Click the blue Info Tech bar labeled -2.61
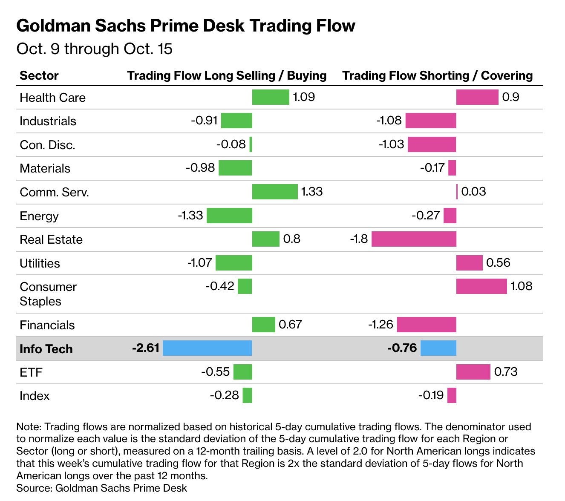[x=207, y=348]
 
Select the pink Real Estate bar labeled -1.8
[x=414, y=239]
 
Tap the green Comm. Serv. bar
[x=275, y=192]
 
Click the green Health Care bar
[x=271, y=97]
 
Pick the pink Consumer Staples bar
[x=481, y=286]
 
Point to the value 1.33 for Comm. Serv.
[x=312, y=192]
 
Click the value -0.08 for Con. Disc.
[x=231, y=144]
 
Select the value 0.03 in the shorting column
[x=473, y=192]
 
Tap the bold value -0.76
[x=402, y=348]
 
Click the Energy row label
[x=39, y=216]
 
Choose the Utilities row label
[x=40, y=263]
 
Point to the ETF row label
[x=31, y=372]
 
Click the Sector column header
[x=39, y=75]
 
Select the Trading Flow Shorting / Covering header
[x=438, y=75]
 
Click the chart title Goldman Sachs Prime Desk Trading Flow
[x=186, y=26]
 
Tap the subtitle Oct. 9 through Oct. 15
[x=94, y=49]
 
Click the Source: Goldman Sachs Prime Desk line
[x=101, y=488]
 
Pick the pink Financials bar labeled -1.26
[x=427, y=325]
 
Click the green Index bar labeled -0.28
[x=248, y=395]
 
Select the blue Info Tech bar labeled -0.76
[x=438, y=348]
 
